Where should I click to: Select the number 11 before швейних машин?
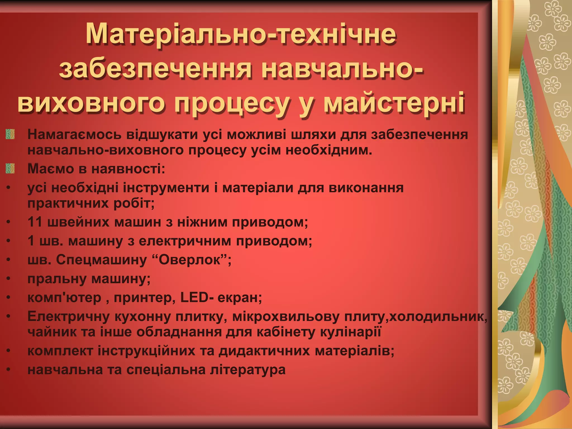coord(35,222)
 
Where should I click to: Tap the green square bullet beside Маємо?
coord(10,169)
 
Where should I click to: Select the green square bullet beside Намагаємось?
coord(10,134)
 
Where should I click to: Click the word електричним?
coord(185,241)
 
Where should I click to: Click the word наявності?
coord(128,169)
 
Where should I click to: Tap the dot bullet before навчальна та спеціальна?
coord(9,370)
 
